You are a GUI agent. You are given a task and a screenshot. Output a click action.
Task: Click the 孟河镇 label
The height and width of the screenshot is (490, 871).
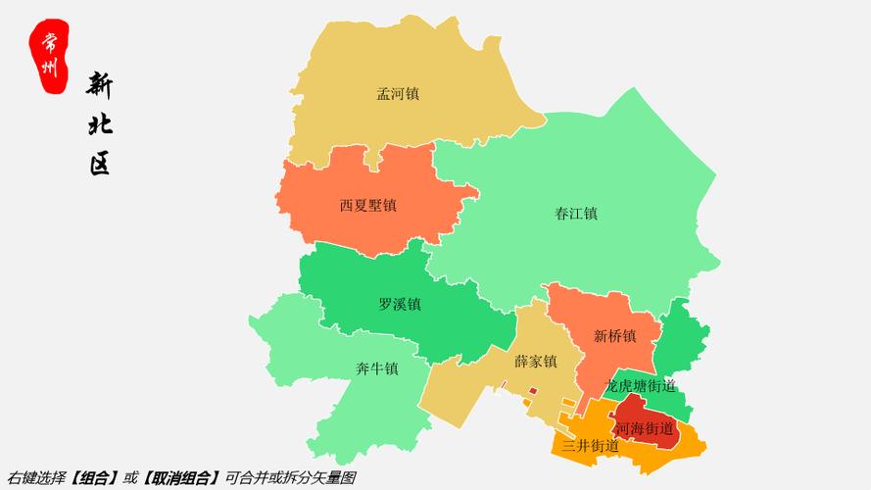398,94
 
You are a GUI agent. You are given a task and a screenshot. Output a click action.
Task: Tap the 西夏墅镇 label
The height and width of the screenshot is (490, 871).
367,206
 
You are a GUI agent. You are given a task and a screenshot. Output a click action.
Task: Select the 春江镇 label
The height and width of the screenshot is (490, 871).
576,213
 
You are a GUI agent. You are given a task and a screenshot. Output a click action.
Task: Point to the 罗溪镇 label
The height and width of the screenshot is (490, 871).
399,304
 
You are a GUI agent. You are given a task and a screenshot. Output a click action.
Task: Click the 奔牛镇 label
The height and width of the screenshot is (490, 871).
376,368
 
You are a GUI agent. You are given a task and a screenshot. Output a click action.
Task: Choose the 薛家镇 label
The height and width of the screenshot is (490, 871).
535,362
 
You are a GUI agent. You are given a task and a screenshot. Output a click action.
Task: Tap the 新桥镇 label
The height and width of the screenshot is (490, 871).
614,336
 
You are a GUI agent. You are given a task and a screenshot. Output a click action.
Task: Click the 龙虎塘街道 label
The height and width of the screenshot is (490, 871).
641,385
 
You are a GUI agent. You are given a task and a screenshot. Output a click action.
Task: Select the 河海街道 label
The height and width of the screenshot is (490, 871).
644,428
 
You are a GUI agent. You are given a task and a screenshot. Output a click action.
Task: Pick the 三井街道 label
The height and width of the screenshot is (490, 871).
590,446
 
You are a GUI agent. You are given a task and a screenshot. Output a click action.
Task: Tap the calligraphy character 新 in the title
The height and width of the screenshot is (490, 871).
100,87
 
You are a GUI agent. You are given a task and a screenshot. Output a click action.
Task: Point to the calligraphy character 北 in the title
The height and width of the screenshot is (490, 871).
100,124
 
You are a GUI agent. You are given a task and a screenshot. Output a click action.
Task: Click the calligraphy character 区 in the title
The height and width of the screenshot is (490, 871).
100,163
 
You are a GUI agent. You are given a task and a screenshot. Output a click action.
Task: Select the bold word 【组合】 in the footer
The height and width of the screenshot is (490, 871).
96,477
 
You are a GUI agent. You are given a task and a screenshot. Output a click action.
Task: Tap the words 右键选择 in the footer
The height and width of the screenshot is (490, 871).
36,477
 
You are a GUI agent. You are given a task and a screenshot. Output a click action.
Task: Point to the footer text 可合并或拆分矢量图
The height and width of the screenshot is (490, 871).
290,477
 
